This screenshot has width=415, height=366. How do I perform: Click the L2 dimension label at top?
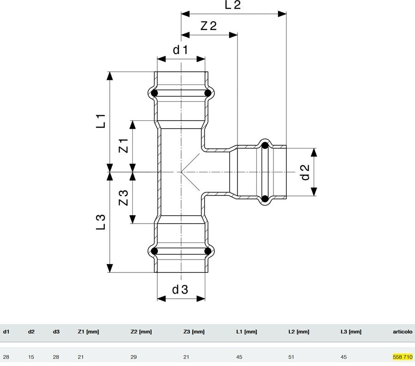pos(233,5)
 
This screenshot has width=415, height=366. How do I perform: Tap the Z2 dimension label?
pos(208,26)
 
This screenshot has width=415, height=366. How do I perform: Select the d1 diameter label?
pos(180,50)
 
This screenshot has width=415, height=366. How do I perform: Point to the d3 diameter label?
pos(180,289)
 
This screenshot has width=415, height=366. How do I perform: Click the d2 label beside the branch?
pos(305,172)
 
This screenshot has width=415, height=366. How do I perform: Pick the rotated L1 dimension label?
pos(101,121)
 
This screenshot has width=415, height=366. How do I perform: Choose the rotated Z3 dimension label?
pos(123,198)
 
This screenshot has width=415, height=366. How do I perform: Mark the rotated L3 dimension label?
pos(101,222)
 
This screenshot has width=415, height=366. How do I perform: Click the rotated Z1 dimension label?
pos(123,146)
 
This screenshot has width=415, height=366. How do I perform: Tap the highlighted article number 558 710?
pos(403,357)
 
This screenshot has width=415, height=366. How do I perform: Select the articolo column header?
pos(403,331)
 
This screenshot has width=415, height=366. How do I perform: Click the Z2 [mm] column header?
pos(141,331)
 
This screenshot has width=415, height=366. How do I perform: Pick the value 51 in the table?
pos(291,357)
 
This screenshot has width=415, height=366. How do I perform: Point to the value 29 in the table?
pos(134,357)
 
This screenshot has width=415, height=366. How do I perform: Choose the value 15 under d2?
pos(31,357)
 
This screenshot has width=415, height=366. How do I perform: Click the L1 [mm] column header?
pos(246,331)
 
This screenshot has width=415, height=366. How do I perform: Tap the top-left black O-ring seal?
pos(154,93)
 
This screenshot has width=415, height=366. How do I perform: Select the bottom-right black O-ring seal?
pos(208,251)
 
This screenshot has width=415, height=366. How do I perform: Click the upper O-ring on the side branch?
pos(265,146)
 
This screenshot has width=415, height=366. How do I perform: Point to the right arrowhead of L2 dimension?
pos(282,14)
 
